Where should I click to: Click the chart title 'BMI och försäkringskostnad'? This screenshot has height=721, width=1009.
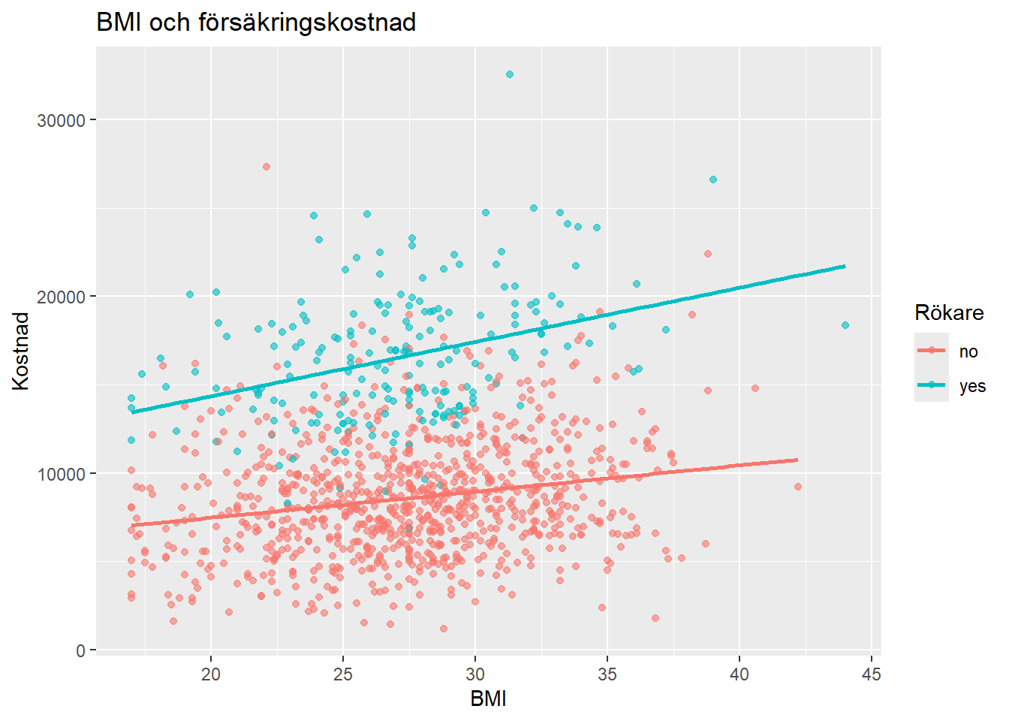256,23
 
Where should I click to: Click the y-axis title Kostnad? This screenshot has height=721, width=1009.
21,351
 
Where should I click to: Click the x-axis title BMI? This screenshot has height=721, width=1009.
488,698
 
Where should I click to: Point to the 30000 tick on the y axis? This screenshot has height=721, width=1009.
61,120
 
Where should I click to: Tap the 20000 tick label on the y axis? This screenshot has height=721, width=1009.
61,297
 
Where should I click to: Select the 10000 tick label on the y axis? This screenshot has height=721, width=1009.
61,474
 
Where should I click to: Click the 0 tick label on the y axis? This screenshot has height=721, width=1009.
80,650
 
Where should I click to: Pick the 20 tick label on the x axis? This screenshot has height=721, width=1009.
211,674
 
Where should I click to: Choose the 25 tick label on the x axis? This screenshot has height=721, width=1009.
343,674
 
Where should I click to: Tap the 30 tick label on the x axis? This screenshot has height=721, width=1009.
475,674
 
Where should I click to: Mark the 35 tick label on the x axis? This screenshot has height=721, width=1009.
607,674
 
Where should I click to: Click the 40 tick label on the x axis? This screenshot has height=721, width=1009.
739,674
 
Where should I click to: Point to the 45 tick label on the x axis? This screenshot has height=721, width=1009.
872,674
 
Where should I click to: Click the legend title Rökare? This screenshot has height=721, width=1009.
949,312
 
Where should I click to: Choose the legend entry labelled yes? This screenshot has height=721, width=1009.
971,387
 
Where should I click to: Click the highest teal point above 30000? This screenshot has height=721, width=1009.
510,74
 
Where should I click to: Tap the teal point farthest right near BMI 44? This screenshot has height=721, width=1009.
845,325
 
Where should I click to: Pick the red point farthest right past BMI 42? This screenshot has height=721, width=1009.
798,487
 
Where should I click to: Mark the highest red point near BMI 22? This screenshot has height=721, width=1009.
267,167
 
